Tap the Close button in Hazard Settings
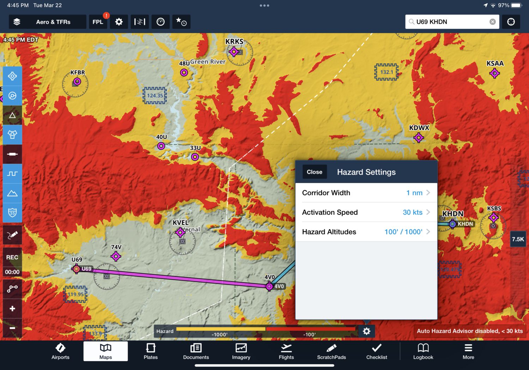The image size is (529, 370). (314, 172)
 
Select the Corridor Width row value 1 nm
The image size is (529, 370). (414, 193)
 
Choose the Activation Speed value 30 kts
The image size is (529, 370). (413, 212)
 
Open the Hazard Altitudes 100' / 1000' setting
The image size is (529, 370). (403, 232)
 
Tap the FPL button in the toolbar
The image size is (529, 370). (98, 22)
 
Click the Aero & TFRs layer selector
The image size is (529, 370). (48, 22)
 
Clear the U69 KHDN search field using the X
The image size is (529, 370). (493, 22)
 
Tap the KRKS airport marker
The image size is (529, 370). (233, 52)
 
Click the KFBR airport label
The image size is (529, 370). (78, 72)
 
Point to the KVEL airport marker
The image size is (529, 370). (180, 232)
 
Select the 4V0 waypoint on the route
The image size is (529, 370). (269, 286)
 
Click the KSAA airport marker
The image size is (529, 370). (494, 73)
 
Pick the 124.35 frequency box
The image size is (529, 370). (155, 95)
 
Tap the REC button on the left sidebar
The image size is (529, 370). (12, 257)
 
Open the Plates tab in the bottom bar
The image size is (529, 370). (151, 351)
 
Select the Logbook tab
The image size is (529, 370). (423, 351)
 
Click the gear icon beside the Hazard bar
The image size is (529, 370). (366, 331)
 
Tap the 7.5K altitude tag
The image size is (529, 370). (518, 239)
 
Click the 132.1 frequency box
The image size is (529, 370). (387, 72)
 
